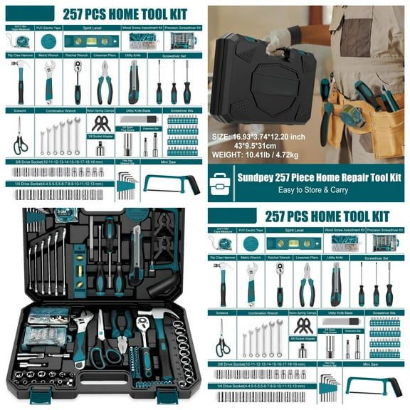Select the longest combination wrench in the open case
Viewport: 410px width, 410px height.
(x=62, y=258)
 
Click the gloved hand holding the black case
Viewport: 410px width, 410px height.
(x=279, y=40)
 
